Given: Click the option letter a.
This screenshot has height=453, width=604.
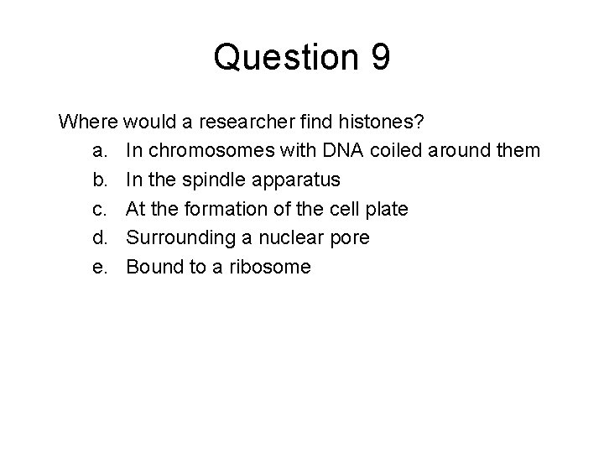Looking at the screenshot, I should click(x=98, y=152).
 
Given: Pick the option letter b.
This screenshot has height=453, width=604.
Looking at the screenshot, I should click(x=98, y=180).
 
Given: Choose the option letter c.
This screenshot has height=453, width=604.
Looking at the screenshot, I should click(x=98, y=210).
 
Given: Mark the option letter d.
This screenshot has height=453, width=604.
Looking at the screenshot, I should click(x=98, y=238).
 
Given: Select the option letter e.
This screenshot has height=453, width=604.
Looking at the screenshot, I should click(x=98, y=268).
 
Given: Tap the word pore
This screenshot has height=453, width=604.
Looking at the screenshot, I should click(x=350, y=238).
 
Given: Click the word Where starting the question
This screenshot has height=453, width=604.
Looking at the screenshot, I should click(x=88, y=122).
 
